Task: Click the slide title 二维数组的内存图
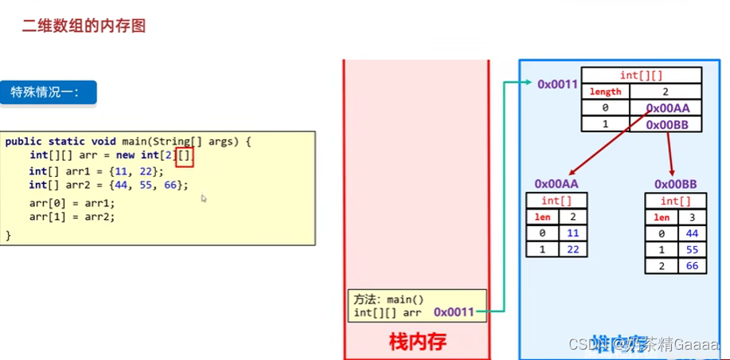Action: [x=84, y=25]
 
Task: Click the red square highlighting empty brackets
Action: [x=185, y=155]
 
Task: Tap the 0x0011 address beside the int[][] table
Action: [x=556, y=84]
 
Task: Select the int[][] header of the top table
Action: [x=641, y=75]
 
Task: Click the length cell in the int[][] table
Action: [x=605, y=92]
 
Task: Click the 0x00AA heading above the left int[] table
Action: [x=556, y=184]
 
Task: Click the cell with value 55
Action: [x=691, y=249]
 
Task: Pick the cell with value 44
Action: [x=691, y=233]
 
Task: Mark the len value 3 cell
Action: [x=691, y=217]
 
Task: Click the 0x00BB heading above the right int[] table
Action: [x=675, y=184]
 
